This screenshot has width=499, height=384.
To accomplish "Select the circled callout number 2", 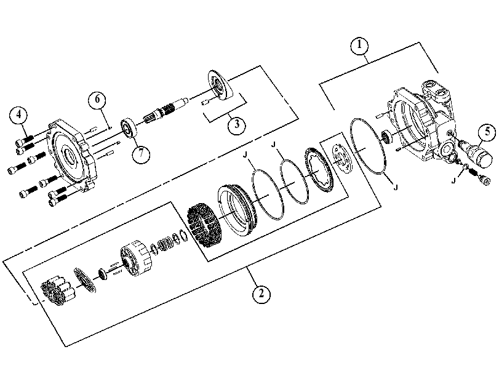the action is pos(261,294).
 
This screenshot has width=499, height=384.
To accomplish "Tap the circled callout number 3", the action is pos(237,124).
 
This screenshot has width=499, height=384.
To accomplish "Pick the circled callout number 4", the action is pos(18,114).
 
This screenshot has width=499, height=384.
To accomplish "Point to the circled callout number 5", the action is pos(487,132).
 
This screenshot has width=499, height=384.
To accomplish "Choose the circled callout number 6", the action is pos(97,100).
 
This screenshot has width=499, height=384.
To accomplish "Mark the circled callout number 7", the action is pos(141,154).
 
